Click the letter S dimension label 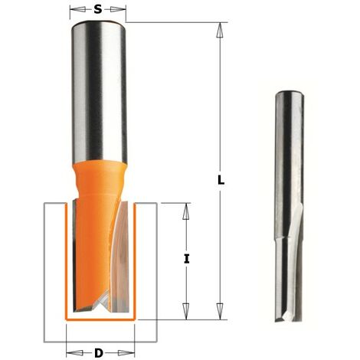(x=97, y=10)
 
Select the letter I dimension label (x=186, y=259)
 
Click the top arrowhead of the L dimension (x=220, y=29)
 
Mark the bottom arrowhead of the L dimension (x=220, y=312)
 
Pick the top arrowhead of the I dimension (x=185, y=209)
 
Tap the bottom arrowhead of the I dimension (x=185, y=312)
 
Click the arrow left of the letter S (x=76, y=11)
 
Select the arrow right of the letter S (x=119, y=11)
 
